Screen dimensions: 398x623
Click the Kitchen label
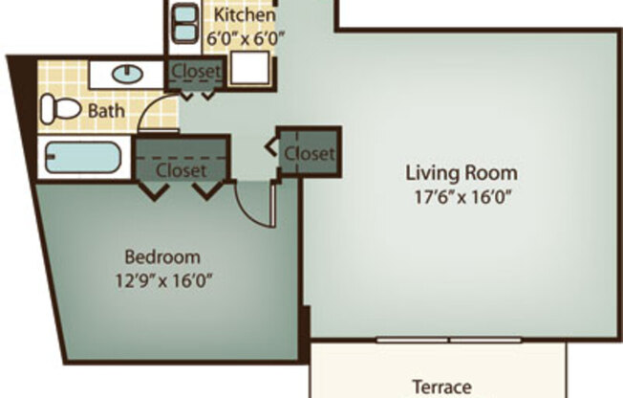click(244, 15)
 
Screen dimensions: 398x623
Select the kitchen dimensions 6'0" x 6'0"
click(247, 38)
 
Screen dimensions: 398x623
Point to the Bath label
click(106, 111)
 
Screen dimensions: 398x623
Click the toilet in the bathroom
click(60, 108)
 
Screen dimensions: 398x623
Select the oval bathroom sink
click(127, 73)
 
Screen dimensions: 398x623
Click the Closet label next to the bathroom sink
click(196, 72)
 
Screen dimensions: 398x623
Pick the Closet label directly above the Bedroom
click(181, 170)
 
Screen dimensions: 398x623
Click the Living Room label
click(462, 173)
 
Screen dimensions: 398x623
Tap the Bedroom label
click(162, 256)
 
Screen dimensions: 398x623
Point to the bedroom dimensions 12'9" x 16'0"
click(163, 280)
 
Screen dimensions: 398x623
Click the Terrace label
click(441, 387)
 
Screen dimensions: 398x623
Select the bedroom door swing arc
click(250, 206)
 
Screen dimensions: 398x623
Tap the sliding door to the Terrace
click(448, 340)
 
